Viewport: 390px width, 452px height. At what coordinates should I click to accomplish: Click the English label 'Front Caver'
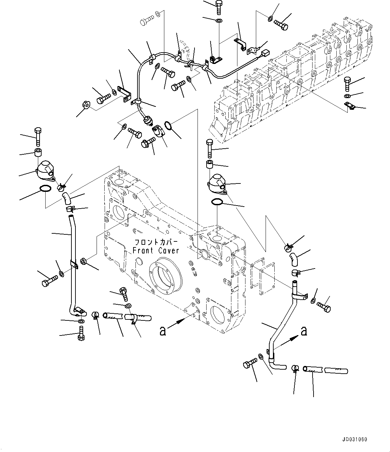[156, 250]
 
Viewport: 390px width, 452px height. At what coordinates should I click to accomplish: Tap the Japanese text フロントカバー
[156, 242]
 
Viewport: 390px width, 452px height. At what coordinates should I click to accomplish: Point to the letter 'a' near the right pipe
[304, 331]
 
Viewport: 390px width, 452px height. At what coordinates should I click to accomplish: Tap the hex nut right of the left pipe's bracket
[84, 260]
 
